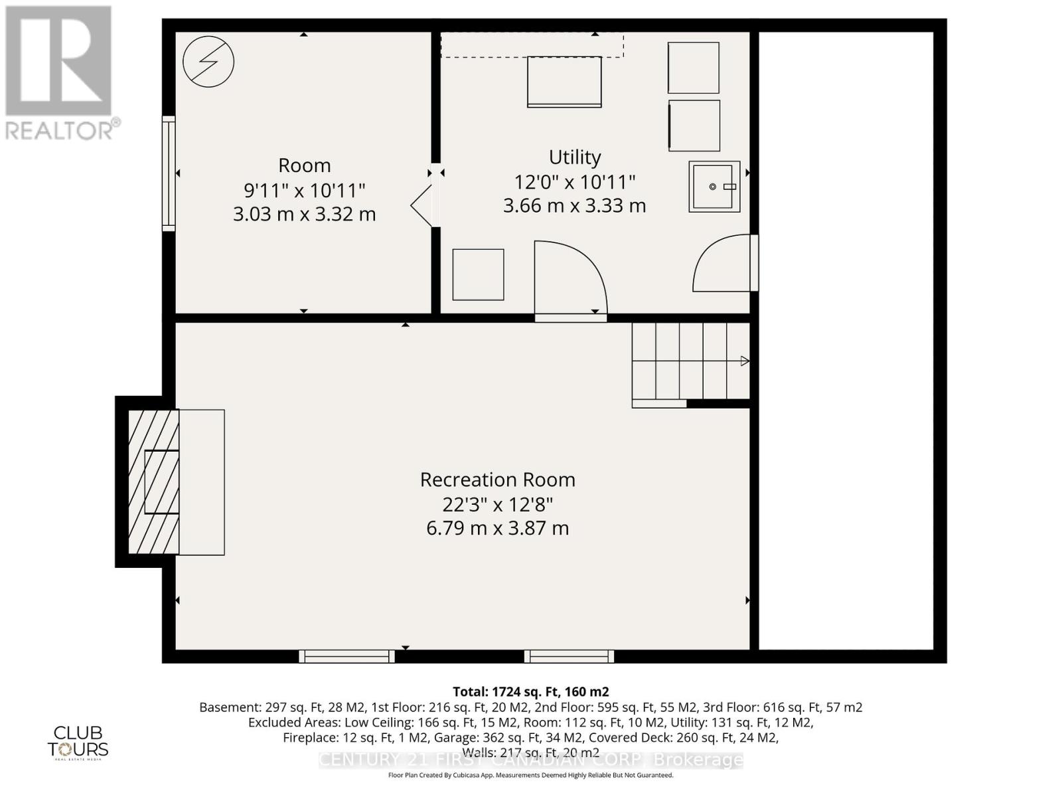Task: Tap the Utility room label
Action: point(575,157)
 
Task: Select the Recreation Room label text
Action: point(497,480)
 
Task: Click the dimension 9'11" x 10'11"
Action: point(305,191)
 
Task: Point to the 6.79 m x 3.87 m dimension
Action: point(497,529)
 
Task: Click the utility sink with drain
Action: point(714,187)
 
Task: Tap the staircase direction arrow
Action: point(745,361)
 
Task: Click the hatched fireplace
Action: point(153,482)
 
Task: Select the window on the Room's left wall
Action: point(169,173)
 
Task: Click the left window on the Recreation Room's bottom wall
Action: point(346,656)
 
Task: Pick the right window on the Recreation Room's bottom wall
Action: point(569,656)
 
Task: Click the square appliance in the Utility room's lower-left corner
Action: point(478,274)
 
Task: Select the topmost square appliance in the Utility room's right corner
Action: point(694,68)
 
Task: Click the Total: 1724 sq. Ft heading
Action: point(530,691)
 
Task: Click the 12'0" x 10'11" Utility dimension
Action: point(575,181)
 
